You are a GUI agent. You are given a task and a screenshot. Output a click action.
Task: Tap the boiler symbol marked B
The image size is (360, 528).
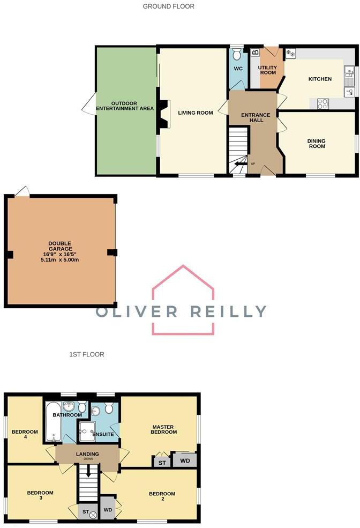coord(255,52)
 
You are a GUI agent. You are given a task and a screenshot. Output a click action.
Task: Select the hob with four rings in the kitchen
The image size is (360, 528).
coord(323,103)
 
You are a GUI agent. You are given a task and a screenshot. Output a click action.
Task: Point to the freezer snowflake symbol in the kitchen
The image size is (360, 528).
coord(291,53)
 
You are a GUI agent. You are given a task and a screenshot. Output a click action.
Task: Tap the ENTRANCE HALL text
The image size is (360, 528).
coord(252,118)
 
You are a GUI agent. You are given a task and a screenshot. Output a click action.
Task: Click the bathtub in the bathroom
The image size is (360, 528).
coord(53,423)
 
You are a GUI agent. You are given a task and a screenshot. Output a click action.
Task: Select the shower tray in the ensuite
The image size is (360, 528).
coord(87,430)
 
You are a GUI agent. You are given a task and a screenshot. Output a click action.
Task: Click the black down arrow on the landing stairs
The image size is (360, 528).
coord(89,472)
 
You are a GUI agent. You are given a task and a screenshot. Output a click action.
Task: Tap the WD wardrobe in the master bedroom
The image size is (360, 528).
coord(184,460)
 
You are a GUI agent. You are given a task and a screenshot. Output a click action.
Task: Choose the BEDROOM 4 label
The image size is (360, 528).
coord(25,434)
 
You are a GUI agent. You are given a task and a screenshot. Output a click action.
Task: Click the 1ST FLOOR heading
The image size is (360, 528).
coord(86,354)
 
